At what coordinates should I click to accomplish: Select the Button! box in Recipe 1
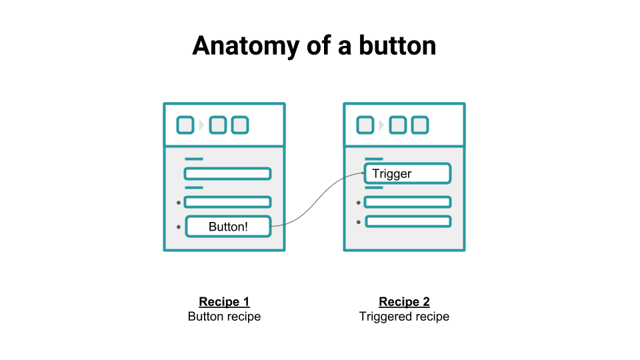pyautogui.click(x=228, y=227)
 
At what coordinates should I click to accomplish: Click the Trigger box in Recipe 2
pyautogui.click(x=407, y=174)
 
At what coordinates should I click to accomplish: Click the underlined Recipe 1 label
pyautogui.click(x=224, y=302)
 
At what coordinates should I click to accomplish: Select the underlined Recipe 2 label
pyautogui.click(x=404, y=302)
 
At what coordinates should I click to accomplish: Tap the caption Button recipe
pyautogui.click(x=224, y=317)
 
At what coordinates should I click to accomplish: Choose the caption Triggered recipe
pyautogui.click(x=404, y=317)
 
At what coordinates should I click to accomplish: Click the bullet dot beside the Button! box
pyautogui.click(x=179, y=227)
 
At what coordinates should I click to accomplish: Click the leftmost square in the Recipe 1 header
pyautogui.click(x=185, y=125)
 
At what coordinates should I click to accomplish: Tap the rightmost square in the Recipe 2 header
pyautogui.click(x=420, y=125)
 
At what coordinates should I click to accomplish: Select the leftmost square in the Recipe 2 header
pyautogui.click(x=365, y=125)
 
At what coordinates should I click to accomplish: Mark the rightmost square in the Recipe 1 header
pyautogui.click(x=240, y=125)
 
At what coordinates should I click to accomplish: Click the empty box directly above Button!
pyautogui.click(x=228, y=202)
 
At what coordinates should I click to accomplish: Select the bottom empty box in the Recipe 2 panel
pyautogui.click(x=407, y=221)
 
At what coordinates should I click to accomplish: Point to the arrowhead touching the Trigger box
pyautogui.click(x=361, y=175)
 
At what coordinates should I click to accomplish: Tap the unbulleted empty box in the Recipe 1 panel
pyautogui.click(x=228, y=174)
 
